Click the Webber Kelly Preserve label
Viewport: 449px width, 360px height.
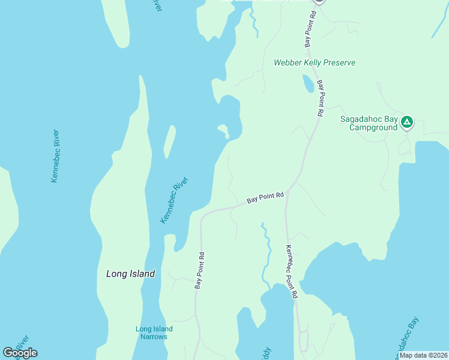pos(315,62)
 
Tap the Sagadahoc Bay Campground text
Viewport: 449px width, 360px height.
pos(369,123)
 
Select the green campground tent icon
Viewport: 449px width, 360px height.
pos(407,123)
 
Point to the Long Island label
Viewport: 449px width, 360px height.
pos(130,274)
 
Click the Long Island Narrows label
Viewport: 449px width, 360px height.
pos(154,332)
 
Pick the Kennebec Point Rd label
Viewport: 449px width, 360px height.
pos(291,272)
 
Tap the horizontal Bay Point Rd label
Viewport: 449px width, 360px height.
pos(265,199)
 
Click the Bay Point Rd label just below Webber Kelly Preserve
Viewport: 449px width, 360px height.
pos(320,98)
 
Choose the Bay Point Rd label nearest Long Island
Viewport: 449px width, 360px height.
pos(199,269)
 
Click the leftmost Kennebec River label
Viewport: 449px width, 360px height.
pos(55,155)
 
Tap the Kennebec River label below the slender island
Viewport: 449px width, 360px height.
pos(175,200)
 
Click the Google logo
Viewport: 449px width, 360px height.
pos(20,352)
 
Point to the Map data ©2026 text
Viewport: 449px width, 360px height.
pos(423,355)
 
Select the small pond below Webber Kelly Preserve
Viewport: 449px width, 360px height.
pos(307,84)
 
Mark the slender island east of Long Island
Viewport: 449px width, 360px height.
pos(170,140)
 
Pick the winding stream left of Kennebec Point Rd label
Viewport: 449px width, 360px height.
pos(265,252)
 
